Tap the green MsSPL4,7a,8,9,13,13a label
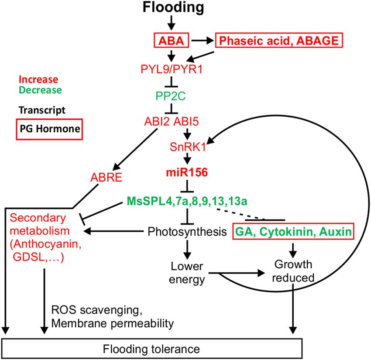tap(187, 201)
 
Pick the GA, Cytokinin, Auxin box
tap(292, 231)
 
